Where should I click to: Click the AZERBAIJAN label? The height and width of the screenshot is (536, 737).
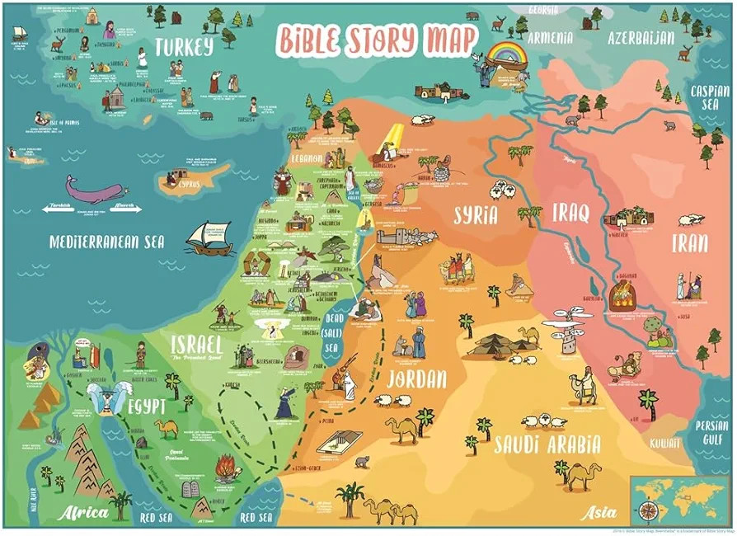(x=641, y=38)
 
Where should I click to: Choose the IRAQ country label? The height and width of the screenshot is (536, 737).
(x=571, y=214)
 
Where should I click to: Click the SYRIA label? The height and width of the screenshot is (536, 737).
(x=476, y=216)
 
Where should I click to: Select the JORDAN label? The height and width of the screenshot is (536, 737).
(x=415, y=378)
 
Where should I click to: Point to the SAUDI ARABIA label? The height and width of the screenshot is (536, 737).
(x=547, y=445)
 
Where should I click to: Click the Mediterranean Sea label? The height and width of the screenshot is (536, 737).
(x=107, y=242)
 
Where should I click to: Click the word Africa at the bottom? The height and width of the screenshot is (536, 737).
(x=83, y=513)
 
